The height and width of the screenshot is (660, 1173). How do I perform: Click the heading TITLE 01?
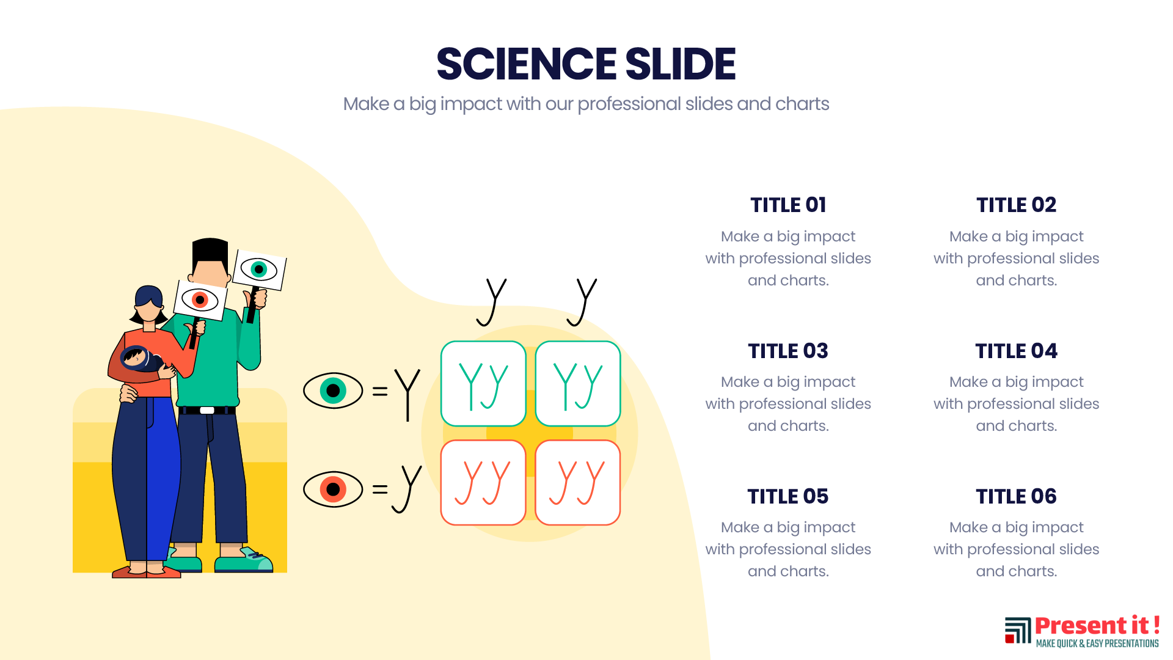point(788,205)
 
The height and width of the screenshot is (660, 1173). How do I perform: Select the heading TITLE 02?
point(1016,205)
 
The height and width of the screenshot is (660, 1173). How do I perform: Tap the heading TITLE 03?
point(788,351)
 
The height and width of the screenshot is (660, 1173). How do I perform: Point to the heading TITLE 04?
point(1016,351)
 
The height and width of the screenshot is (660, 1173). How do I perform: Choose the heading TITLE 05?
point(788,496)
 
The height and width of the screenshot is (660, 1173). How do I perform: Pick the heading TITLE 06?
point(1016,496)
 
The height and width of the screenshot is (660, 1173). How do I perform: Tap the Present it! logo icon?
point(1018,630)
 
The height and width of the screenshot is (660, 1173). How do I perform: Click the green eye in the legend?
point(333,391)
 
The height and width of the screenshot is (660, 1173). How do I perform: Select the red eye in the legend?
point(333,490)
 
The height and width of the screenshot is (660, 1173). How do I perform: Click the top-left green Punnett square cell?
point(483,384)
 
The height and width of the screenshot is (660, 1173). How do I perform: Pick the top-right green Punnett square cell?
point(578,384)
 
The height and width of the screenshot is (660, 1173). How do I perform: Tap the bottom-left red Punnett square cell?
point(483,483)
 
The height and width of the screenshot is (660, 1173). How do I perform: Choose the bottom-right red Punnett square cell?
point(578,483)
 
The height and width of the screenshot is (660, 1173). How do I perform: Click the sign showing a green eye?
point(260,269)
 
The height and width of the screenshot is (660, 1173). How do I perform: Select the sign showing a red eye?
point(200,300)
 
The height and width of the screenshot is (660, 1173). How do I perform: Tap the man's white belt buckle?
point(207,410)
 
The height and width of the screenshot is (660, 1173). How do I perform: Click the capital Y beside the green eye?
point(407,395)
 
